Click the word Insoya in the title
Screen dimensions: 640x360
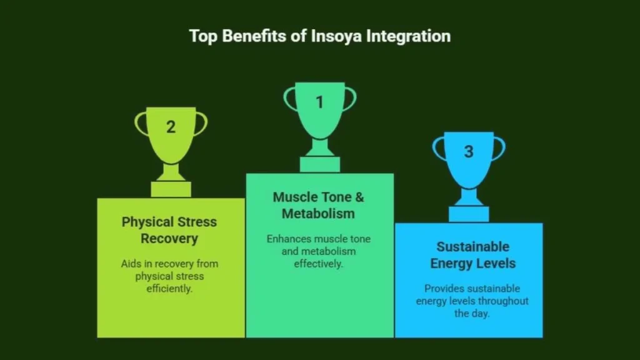coord(336,36)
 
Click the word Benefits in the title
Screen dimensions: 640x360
coord(254,36)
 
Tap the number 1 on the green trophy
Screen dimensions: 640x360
coord(319,102)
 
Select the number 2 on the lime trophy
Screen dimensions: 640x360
coord(171,127)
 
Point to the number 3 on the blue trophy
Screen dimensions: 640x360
coord(469,152)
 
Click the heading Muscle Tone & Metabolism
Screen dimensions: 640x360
coord(318,205)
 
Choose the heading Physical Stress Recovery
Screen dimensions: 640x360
coord(169,230)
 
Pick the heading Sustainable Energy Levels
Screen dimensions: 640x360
coord(473,255)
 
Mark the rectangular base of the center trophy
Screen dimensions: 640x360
coord(320,164)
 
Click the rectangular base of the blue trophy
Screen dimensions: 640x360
coord(469,214)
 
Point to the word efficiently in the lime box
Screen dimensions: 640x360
coord(169,289)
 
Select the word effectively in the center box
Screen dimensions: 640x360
coord(318,264)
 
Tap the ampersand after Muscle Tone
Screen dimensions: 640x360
coord(359,197)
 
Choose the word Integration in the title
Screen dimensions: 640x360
coord(408,36)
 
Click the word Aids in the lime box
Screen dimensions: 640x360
coord(131,264)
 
